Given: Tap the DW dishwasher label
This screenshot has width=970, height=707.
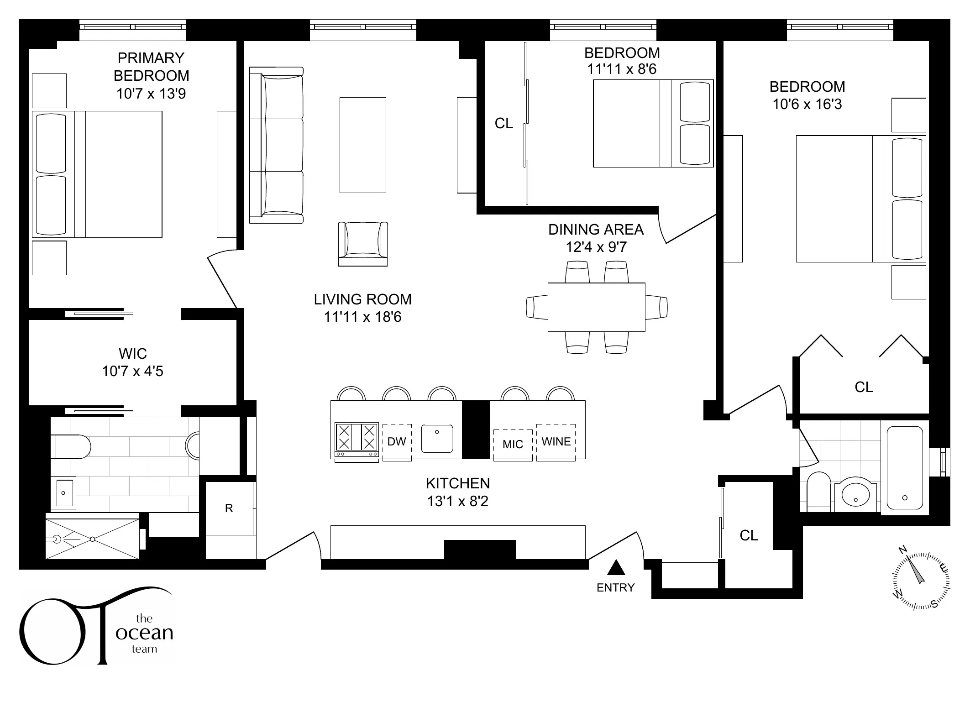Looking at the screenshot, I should (x=397, y=442).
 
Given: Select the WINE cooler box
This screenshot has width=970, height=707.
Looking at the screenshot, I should (x=556, y=442).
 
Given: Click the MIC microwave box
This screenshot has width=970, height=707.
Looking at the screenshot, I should (x=513, y=445).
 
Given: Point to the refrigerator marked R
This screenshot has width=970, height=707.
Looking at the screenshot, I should (x=229, y=508).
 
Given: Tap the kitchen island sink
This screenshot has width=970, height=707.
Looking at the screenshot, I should (x=437, y=439).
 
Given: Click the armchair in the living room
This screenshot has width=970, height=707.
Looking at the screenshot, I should (x=363, y=244).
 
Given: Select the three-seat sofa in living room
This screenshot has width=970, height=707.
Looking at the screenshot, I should (x=277, y=145).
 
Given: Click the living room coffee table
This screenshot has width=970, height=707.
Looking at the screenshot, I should (x=363, y=145).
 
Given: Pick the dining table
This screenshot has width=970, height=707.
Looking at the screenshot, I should (x=596, y=307).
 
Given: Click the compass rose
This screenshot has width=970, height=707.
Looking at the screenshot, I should (x=921, y=581).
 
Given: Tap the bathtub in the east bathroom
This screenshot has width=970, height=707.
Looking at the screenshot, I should (x=904, y=467).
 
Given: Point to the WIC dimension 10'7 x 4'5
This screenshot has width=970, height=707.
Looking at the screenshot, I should (x=132, y=372).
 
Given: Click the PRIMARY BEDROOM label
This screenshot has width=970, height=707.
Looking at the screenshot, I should (x=151, y=67).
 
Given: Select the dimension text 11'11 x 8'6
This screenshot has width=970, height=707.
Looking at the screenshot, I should (x=622, y=69).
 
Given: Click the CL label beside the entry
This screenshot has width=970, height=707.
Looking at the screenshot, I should (x=749, y=535).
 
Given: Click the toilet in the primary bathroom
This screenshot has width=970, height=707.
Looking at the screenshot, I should (x=71, y=447).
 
